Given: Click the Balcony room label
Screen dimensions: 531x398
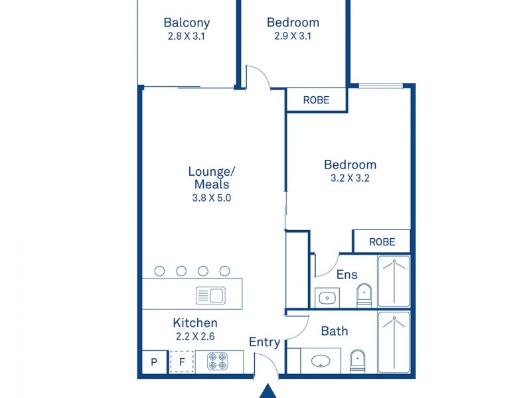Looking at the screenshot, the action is (x=187, y=23).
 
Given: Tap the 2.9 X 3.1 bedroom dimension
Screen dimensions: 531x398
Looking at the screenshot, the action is (x=293, y=36).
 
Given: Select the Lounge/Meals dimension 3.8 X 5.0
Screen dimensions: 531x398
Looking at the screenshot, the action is (x=212, y=198).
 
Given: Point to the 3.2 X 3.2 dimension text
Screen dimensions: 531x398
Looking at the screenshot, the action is (x=350, y=178).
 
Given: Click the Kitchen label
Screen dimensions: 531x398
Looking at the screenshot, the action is (x=195, y=323).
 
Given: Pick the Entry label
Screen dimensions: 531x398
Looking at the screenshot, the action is (x=264, y=342).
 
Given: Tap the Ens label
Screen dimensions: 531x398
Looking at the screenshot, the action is (x=346, y=275).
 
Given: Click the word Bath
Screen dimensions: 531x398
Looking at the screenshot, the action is (x=335, y=331).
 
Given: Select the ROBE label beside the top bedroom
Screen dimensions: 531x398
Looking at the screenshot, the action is (x=316, y=100).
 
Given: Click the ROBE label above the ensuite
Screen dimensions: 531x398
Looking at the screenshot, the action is (x=382, y=242).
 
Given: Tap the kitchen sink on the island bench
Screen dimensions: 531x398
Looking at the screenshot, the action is (x=210, y=296).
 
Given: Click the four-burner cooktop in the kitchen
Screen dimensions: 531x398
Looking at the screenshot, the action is (x=218, y=361).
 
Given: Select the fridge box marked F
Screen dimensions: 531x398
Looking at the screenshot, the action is (x=182, y=362).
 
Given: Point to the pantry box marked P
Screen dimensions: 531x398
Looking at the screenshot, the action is (x=155, y=362).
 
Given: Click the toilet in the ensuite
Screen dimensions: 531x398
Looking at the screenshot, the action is (x=364, y=295).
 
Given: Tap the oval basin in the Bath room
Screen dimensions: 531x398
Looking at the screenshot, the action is (x=321, y=361).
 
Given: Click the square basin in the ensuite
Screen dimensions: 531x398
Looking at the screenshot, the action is (x=327, y=298).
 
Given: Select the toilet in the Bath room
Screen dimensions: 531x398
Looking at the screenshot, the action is (x=358, y=361).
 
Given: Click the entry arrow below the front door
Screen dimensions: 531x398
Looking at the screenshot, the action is (x=268, y=391).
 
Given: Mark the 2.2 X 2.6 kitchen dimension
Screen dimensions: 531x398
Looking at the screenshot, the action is (x=195, y=336).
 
